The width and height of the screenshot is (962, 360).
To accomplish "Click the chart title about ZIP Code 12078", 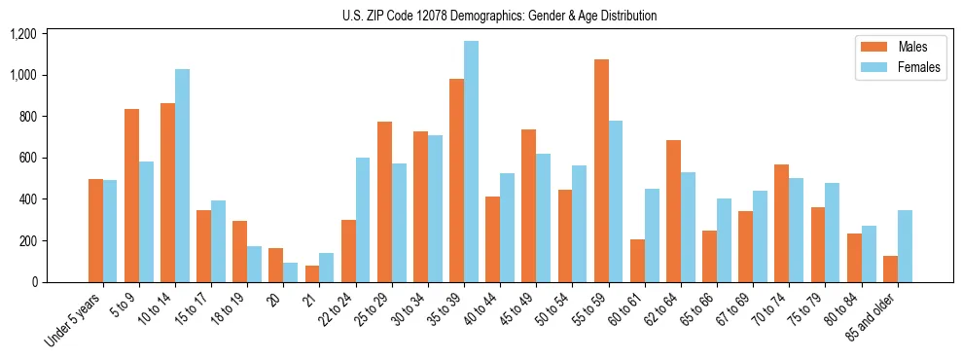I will (499, 16).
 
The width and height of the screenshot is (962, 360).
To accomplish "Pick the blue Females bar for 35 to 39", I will (472, 162).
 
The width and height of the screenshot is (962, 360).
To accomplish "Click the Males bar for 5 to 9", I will (132, 196).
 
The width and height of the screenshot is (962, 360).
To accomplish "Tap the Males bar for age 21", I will (312, 273).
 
